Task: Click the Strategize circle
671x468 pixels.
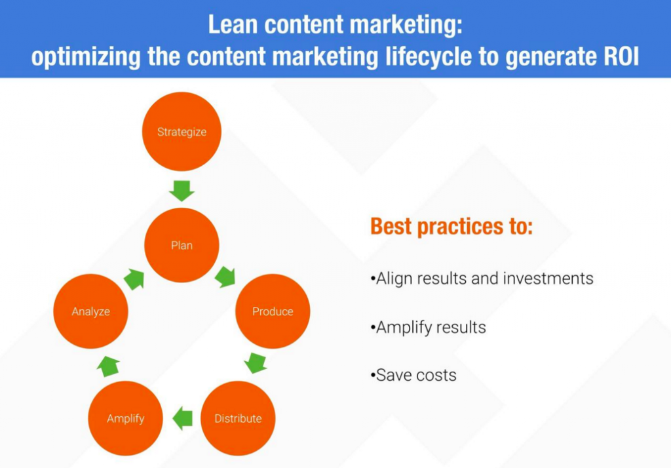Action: click(182, 132)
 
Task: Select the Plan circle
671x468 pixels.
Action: click(182, 245)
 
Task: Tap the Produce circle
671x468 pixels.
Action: click(273, 311)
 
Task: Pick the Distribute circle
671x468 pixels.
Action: click(238, 418)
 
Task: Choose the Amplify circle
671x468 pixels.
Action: click(125, 418)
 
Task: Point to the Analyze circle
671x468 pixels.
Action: click(90, 311)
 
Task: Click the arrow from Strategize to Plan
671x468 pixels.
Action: click(182, 191)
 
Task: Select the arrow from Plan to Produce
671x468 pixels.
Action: click(225, 277)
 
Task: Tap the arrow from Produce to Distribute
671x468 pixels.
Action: click(256, 363)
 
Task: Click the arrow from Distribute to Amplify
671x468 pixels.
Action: click(183, 418)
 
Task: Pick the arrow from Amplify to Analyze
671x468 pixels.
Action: click(108, 366)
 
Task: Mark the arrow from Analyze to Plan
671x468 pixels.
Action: click(134, 279)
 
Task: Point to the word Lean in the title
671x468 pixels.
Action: click(233, 24)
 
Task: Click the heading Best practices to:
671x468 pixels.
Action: click(451, 227)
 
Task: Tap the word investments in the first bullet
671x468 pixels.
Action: click(548, 279)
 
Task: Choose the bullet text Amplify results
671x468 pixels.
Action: click(429, 328)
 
